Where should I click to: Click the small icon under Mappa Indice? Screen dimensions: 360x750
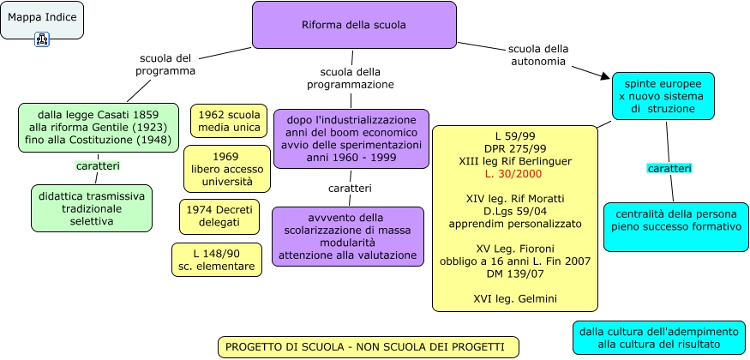click(x=42, y=39)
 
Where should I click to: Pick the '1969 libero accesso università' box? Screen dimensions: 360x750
click(x=226, y=169)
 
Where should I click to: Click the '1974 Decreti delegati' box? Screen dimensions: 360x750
click(x=219, y=216)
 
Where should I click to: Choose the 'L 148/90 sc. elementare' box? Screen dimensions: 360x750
click(x=216, y=260)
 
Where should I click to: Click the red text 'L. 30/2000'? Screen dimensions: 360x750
click(x=514, y=174)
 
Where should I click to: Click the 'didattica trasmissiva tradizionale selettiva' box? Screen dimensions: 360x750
click(x=92, y=208)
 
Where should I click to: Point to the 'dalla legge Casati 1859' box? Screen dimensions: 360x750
click(x=99, y=127)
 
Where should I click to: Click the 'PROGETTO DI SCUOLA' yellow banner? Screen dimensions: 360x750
click(x=369, y=346)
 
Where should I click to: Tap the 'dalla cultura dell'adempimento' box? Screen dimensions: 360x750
click(x=658, y=337)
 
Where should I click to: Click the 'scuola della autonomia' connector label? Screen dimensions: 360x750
click(x=538, y=55)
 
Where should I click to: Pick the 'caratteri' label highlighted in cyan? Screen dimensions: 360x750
click(x=669, y=169)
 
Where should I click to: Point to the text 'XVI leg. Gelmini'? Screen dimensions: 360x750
click(x=514, y=298)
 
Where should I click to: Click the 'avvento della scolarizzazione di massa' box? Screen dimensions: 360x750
click(x=348, y=236)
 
